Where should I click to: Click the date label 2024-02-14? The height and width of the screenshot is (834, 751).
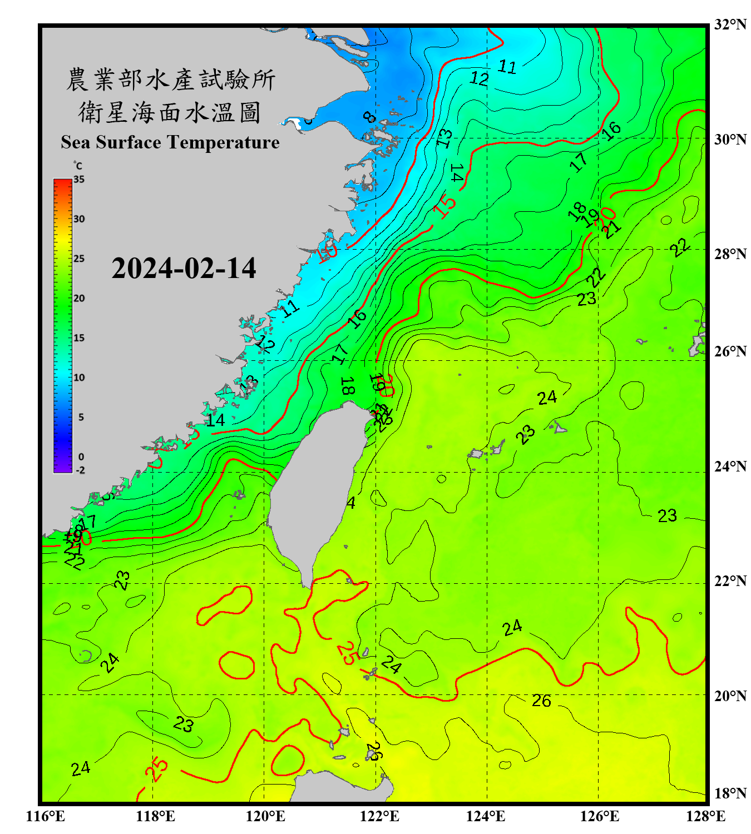click(x=184, y=269)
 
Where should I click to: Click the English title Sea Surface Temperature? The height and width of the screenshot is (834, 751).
click(x=170, y=142)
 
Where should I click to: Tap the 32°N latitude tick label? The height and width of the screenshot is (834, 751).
click(x=730, y=24)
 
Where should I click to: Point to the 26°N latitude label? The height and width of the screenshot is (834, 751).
click(x=730, y=351)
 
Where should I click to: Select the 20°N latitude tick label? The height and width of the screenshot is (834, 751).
click(x=730, y=696)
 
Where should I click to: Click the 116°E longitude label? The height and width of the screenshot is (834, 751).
click(x=46, y=816)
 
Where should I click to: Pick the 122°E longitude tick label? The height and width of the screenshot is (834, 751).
click(x=379, y=816)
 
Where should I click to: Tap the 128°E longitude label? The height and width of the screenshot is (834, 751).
click(x=705, y=816)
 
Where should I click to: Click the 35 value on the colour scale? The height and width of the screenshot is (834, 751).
click(x=79, y=180)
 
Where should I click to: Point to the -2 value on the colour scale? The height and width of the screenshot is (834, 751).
click(x=80, y=470)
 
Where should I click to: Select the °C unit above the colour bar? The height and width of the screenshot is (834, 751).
click(x=77, y=166)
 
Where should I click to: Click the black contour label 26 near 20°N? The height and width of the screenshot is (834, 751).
click(x=541, y=701)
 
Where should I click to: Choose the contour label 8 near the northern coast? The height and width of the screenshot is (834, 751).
click(x=369, y=117)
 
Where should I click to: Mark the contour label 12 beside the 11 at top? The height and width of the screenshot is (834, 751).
click(x=479, y=78)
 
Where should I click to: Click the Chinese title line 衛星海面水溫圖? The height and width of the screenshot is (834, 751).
click(x=170, y=112)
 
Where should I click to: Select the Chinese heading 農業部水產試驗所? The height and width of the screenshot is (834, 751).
click(x=170, y=80)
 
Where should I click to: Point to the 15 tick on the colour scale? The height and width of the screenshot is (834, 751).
click(x=79, y=338)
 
